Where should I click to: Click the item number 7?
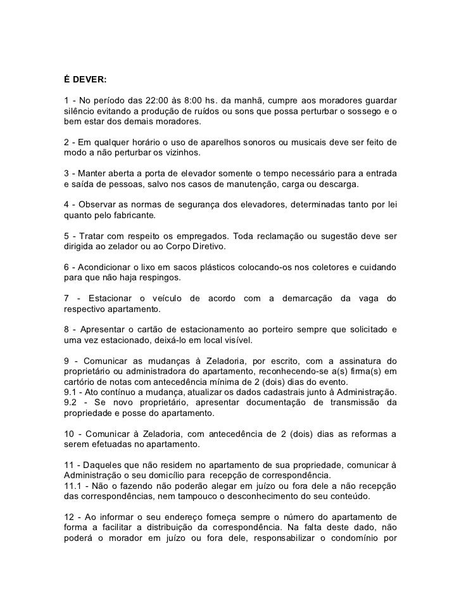(67, 298)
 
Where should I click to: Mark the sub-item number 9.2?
(72, 402)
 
